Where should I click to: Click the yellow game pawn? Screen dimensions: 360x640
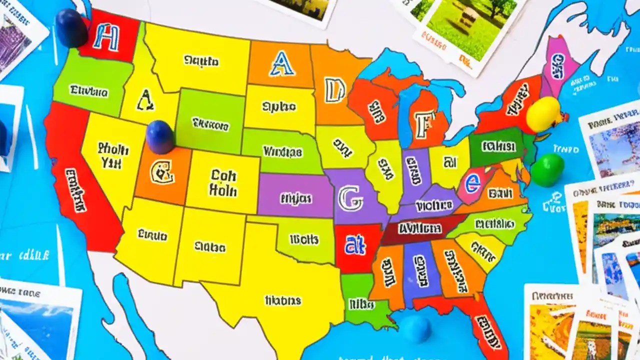[543, 114]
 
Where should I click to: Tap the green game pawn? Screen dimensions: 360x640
[547, 169]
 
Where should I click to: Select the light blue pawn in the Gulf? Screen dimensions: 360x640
[416, 329]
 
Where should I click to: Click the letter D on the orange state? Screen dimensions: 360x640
[334, 90]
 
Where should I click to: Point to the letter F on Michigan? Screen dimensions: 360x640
[422, 124]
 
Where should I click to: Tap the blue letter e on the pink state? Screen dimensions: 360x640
[472, 184]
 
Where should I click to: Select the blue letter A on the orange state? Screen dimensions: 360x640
[281, 63]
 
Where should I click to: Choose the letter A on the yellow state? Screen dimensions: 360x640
[145, 100]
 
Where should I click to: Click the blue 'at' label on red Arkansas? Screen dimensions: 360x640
[355, 245]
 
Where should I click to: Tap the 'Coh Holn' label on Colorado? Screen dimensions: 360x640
[223, 183]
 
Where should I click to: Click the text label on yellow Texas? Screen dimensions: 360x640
[283, 300]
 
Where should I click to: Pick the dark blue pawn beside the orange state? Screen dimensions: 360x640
[160, 136]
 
